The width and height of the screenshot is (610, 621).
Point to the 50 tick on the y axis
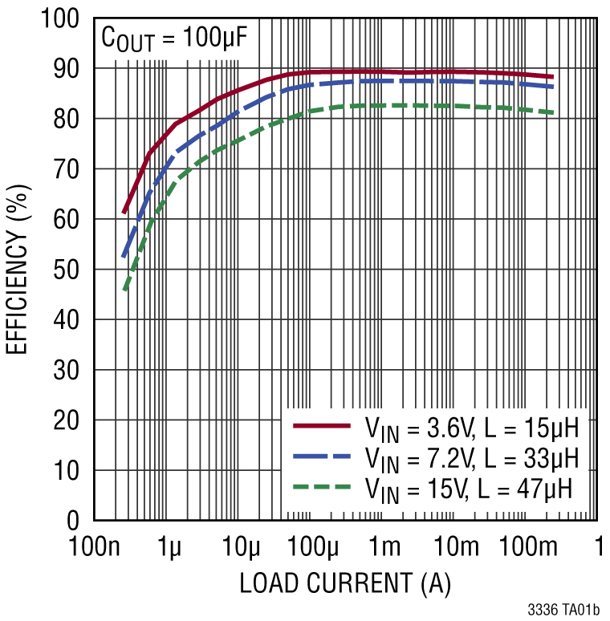pyautogui.click(x=70, y=270)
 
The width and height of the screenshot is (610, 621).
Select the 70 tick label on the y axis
pyautogui.click(x=70, y=169)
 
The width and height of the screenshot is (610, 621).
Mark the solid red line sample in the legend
pyautogui.click(x=322, y=425)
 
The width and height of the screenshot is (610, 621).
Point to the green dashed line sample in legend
pyautogui.click(x=322, y=486)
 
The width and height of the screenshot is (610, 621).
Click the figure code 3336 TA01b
pyautogui.click(x=563, y=610)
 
